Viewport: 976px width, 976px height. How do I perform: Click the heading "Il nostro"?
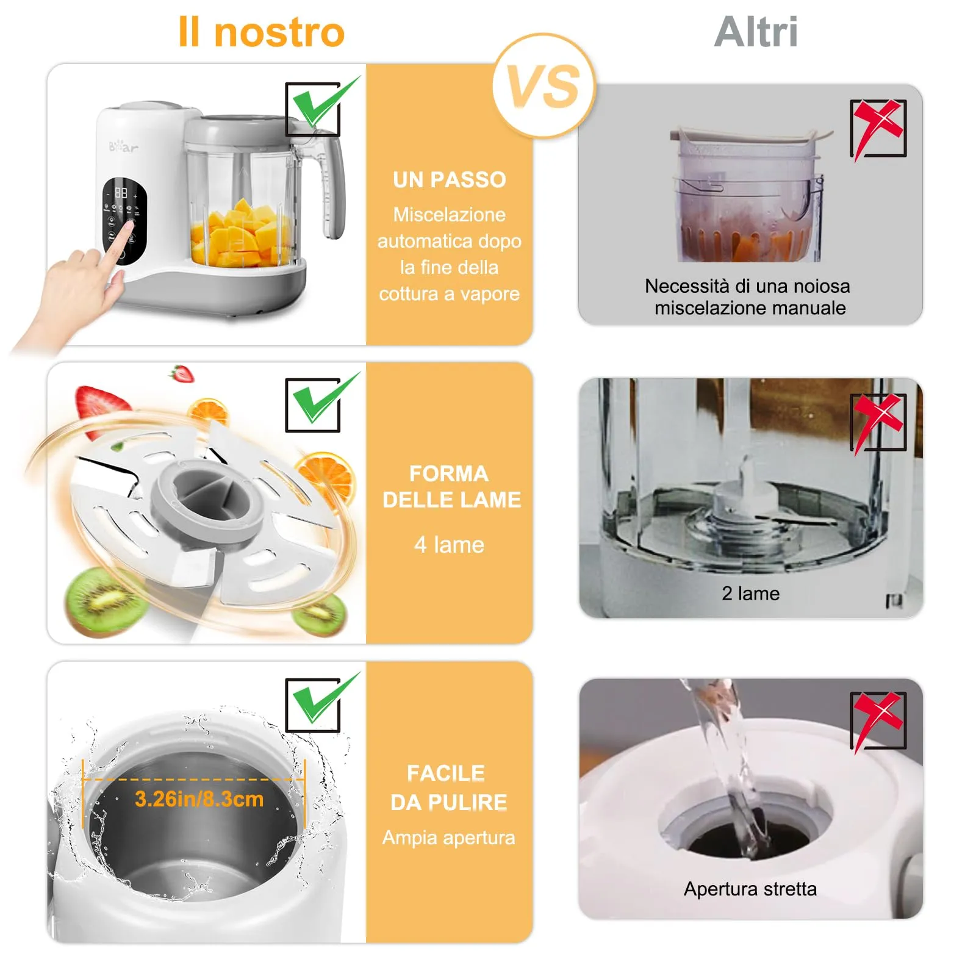point(261,32)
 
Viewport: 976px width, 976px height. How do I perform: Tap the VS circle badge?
point(544,86)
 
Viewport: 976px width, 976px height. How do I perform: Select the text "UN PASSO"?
point(450,180)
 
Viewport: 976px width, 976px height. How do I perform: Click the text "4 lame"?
point(450,545)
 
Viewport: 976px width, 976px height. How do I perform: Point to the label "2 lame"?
point(750,594)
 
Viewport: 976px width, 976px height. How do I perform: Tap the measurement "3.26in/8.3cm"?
point(199,799)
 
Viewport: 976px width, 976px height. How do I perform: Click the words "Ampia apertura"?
point(449,838)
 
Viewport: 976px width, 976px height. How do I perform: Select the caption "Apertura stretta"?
point(750,889)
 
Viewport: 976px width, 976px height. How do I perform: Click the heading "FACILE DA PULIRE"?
point(449,788)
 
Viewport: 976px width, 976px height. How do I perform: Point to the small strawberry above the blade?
point(182,373)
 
